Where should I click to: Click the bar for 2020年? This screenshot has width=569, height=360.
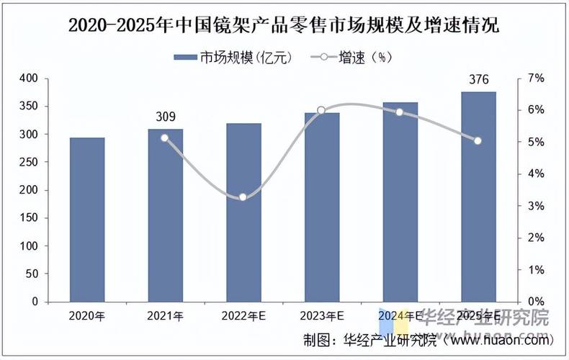click(x=87, y=220)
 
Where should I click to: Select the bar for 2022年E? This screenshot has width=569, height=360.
click(x=243, y=212)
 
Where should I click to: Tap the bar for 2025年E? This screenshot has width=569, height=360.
click(x=478, y=197)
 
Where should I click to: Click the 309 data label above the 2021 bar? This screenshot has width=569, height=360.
click(x=166, y=117)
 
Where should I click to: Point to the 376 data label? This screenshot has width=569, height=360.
click(x=478, y=79)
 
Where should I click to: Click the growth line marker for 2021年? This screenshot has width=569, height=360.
click(x=165, y=138)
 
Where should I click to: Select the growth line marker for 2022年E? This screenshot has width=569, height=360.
click(x=243, y=197)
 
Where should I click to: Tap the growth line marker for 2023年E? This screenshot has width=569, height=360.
click(x=321, y=110)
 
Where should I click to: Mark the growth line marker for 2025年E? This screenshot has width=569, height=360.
click(x=478, y=140)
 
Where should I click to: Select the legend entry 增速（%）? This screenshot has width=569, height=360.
click(x=353, y=58)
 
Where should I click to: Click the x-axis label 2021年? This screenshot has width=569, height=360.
click(x=166, y=315)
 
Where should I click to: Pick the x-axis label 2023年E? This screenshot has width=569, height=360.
click(x=321, y=315)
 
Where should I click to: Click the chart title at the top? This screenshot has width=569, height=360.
click(x=284, y=25)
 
